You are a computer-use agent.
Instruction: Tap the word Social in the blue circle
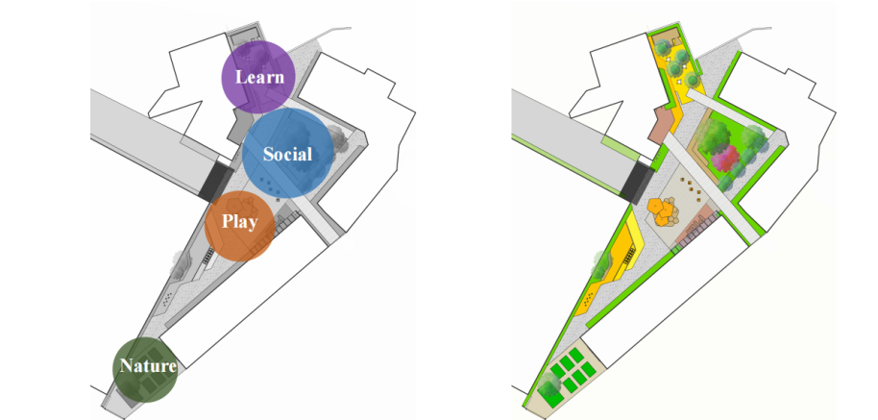[x=287, y=154]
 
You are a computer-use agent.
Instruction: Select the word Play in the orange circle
[x=239, y=221]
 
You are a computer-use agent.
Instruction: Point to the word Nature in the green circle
[x=147, y=366]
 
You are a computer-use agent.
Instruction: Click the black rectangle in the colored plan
[x=634, y=180]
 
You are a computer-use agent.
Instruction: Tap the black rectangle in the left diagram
[x=215, y=180]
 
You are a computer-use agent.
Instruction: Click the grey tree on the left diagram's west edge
[x=178, y=263]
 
